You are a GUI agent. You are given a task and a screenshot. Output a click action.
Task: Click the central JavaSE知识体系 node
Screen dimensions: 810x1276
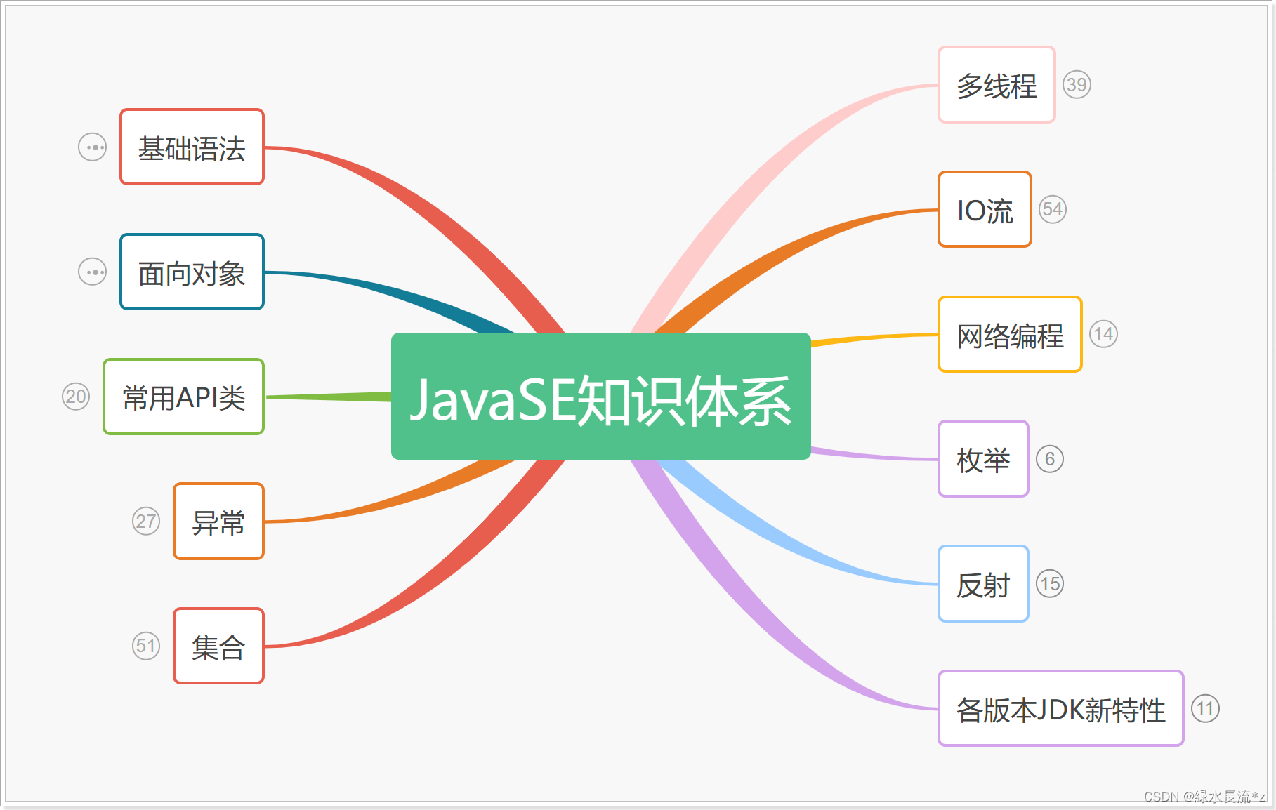coord(600,397)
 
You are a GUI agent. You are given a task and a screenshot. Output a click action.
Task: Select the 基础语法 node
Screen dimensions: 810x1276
coord(192,147)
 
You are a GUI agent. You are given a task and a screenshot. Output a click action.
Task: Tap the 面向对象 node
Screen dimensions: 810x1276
coord(192,272)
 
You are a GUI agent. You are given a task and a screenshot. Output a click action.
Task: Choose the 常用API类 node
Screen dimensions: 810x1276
coord(183,397)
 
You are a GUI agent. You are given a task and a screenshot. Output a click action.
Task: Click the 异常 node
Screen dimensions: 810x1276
coord(218,522)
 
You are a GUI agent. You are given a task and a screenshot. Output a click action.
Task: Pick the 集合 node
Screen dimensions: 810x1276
coord(218,646)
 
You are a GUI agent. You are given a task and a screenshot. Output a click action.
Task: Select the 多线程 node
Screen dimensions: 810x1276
coord(996,85)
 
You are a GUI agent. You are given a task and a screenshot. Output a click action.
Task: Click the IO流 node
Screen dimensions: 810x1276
coord(985,210)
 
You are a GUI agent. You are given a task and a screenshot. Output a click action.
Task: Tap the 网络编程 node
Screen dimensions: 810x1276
coord(1009,335)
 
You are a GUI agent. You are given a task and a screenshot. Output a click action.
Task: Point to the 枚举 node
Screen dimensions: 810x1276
coord(983,460)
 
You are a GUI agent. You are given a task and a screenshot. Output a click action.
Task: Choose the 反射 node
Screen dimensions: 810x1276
coord(983,584)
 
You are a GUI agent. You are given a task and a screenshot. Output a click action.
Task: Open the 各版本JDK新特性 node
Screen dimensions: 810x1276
coord(1060,709)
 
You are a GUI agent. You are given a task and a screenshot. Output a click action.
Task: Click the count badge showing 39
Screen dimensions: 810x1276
coord(1077,85)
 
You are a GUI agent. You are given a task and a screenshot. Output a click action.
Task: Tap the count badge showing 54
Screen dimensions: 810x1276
coord(1052,209)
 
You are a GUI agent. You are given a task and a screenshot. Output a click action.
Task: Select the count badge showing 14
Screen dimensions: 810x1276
coord(1103,334)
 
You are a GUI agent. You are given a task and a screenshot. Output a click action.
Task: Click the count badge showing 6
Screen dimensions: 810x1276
coord(1050,459)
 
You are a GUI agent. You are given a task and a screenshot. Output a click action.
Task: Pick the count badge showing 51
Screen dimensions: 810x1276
coord(146,646)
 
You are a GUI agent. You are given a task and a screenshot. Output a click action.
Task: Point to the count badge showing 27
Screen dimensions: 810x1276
coord(146,521)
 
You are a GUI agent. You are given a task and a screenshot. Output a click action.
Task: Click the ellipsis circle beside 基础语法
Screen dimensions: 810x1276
coord(92,147)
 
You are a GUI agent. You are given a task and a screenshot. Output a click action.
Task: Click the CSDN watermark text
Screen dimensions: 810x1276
coord(1204,797)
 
